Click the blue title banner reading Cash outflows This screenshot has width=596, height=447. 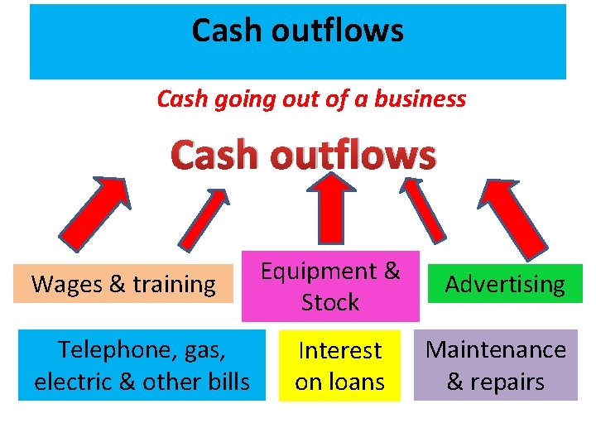[298, 41]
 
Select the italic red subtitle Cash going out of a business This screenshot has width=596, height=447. [311, 99]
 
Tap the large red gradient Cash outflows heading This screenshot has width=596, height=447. [303, 155]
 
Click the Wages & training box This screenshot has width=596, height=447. [123, 284]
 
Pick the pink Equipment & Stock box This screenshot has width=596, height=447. [330, 286]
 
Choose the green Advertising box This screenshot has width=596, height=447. [505, 284]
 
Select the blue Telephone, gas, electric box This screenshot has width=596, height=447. [142, 365]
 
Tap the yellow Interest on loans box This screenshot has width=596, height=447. [339, 365]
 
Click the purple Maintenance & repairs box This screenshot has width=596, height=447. [495, 365]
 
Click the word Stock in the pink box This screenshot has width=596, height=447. [330, 302]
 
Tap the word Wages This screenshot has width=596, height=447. [63, 284]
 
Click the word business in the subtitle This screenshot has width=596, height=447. [421, 99]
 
